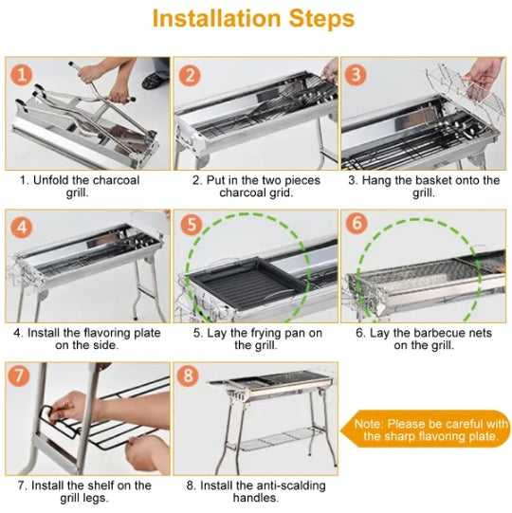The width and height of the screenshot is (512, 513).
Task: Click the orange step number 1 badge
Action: point(24,76)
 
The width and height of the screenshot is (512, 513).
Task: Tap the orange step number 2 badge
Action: point(192,76)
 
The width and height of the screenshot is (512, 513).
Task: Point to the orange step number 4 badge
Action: point(24,229)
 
